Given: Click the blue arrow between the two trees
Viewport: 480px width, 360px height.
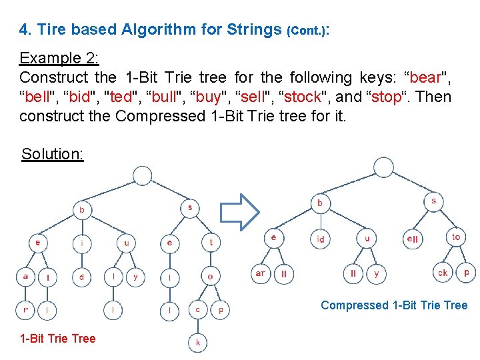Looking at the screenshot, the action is pyautogui.click(x=239, y=212).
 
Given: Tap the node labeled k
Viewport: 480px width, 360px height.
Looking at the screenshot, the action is pyautogui.click(x=197, y=342).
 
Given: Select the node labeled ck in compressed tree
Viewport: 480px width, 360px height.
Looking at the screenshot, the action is pyautogui.click(x=443, y=273).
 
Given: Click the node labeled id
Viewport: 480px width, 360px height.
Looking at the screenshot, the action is pyautogui.click(x=321, y=238).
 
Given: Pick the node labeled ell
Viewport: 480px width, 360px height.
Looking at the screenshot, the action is pyautogui.click(x=413, y=238).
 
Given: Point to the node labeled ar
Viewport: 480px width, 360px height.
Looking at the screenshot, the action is pyautogui.click(x=260, y=273).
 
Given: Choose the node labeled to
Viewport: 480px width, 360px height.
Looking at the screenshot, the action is pyautogui.click(x=456, y=237).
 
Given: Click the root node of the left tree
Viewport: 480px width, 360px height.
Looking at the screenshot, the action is pyautogui.click(x=143, y=175).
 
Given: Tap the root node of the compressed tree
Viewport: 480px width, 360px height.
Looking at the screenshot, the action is pyautogui.click(x=383, y=167).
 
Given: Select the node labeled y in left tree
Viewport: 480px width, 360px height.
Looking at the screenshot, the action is pyautogui.click(x=135, y=276).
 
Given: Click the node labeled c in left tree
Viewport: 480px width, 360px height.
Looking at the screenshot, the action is pyautogui.click(x=197, y=309).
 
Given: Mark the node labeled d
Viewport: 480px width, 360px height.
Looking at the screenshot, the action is pyautogui.click(x=81, y=276).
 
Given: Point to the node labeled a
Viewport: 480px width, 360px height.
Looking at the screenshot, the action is pyautogui.click(x=25, y=276).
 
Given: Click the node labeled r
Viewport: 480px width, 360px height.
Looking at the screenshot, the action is pyautogui.click(x=25, y=309).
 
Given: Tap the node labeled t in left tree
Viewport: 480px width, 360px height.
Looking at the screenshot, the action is pyautogui.click(x=211, y=243).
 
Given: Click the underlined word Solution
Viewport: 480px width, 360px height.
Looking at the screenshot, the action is pyautogui.click(x=52, y=154).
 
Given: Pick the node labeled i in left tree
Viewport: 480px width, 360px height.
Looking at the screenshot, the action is pyautogui.click(x=81, y=243).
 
